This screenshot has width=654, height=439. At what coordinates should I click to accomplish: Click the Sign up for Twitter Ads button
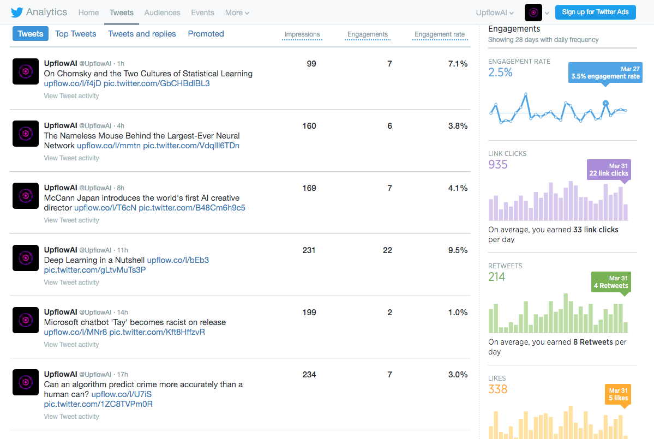tap(595, 12)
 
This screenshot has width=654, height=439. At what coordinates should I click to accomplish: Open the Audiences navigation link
tap(162, 13)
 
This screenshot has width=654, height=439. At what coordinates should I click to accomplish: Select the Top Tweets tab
tap(76, 34)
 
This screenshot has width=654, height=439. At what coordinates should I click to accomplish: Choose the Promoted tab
tap(206, 34)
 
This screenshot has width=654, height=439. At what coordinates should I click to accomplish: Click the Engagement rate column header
tap(439, 34)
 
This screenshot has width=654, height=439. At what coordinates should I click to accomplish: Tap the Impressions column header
tap(302, 34)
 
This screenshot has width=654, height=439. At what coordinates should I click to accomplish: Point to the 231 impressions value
tap(309, 250)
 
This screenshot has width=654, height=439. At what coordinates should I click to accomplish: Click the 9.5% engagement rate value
tap(458, 250)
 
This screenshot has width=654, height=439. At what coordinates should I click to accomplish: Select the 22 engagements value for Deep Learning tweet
tap(387, 250)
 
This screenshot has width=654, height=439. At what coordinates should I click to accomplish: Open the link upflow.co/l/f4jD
tap(72, 83)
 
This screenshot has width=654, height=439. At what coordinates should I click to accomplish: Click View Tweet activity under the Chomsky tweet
tap(71, 96)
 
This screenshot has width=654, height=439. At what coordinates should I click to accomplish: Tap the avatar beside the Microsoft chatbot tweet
tap(26, 320)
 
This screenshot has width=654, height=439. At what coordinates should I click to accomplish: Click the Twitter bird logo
tap(17, 12)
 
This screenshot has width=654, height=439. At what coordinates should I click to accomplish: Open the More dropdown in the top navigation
tap(237, 13)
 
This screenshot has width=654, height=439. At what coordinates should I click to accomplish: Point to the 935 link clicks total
tap(498, 165)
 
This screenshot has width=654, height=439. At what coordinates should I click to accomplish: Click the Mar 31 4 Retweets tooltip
tap(610, 282)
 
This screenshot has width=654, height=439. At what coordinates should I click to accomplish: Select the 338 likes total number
tap(498, 389)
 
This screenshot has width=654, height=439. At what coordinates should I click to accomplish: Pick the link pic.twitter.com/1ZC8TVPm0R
tap(98, 404)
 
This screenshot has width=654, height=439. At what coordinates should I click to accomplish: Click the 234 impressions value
tap(309, 375)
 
